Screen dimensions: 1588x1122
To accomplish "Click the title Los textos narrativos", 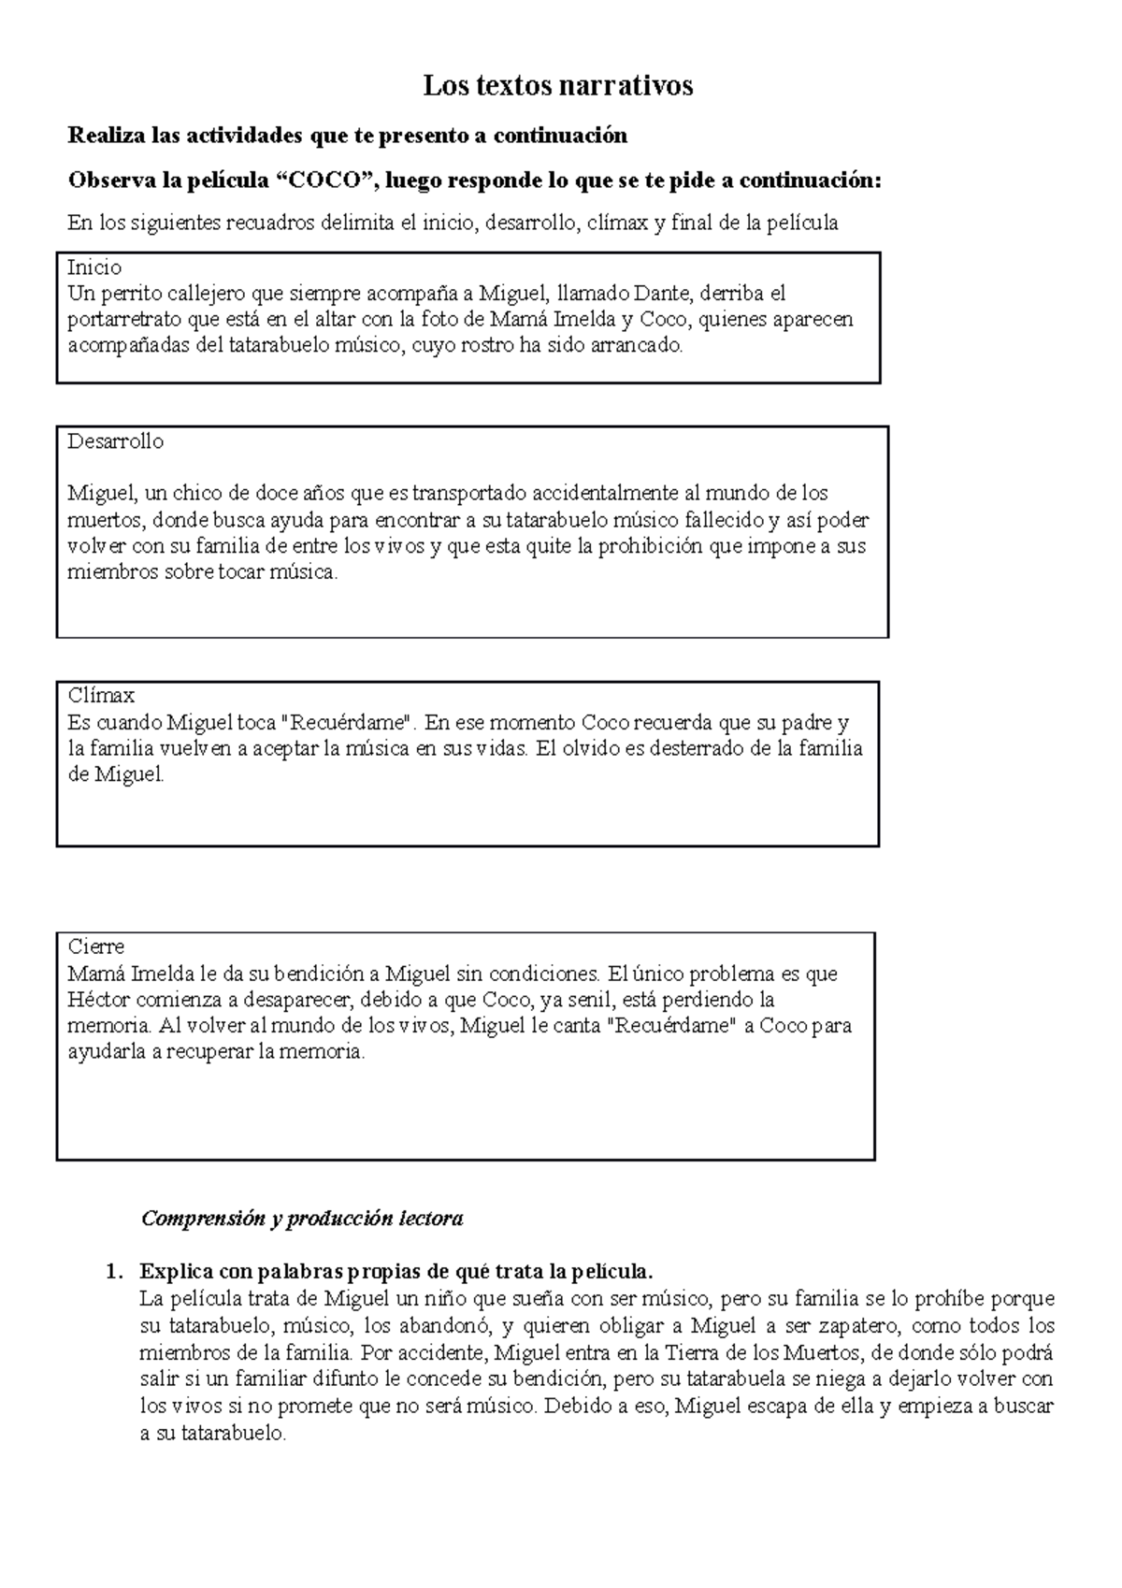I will tap(558, 86).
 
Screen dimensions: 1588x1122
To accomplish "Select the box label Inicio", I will tap(94, 268).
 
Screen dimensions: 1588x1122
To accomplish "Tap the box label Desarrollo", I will tap(115, 441).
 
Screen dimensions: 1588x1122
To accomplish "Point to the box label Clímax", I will tap(101, 696).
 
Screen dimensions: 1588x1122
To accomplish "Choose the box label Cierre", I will tap(95, 946).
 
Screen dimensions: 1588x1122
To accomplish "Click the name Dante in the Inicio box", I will tap(662, 294).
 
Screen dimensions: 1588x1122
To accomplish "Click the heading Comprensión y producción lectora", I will tap(301, 1219).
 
